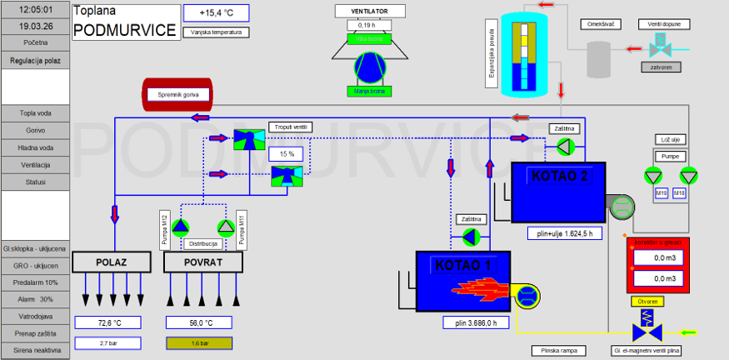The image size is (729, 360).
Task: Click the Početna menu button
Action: coord(35,42)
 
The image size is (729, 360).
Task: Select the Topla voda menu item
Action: coord(35,113)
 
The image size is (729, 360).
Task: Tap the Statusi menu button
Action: coord(35,182)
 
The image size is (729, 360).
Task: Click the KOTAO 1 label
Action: coord(464,265)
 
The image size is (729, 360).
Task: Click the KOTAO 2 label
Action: coord(558,176)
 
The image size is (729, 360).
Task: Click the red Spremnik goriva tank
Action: coord(176,95)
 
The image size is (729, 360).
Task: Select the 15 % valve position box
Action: coord(287,154)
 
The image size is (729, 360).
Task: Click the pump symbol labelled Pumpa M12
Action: coord(181,227)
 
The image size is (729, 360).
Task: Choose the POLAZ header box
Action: coord(111,262)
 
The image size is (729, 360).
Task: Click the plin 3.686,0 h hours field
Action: coord(476,322)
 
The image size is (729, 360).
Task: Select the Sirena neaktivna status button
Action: coord(35,351)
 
